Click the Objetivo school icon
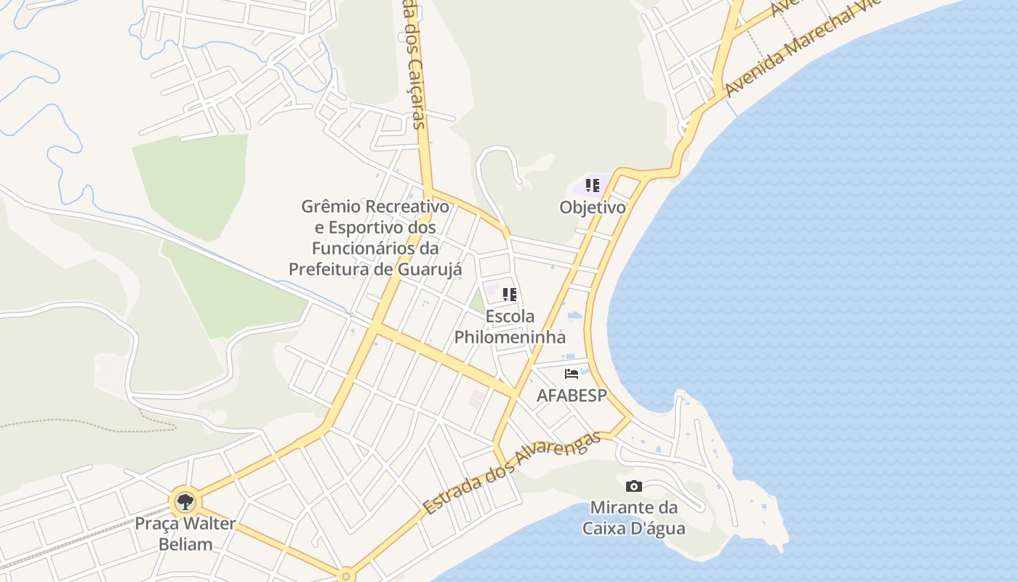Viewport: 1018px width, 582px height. click(x=593, y=185)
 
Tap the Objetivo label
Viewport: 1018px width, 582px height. click(x=593, y=207)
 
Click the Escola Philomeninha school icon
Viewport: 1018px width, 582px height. click(x=510, y=295)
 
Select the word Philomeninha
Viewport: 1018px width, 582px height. click(x=510, y=337)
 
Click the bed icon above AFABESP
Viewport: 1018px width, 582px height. click(x=572, y=374)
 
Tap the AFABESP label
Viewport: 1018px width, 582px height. click(x=571, y=395)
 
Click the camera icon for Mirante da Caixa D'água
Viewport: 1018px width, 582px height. click(x=633, y=486)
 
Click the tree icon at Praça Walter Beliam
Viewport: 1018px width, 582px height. click(x=185, y=501)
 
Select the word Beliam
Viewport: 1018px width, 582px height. click(x=185, y=544)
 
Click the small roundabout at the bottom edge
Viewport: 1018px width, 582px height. click(x=347, y=575)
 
